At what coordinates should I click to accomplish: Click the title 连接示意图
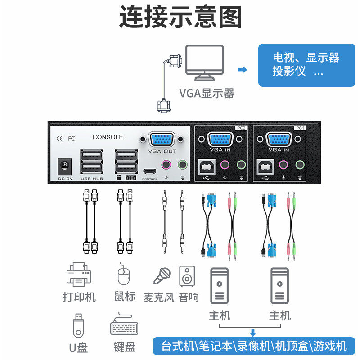tap(180, 18)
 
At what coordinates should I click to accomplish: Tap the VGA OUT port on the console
tap(162, 139)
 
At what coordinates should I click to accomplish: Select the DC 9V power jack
tap(65, 166)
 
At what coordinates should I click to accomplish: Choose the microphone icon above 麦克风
tap(162, 276)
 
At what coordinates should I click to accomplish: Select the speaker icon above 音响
tap(187, 276)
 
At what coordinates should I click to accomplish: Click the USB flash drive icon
tap(78, 326)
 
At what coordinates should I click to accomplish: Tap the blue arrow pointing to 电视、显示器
tap(243, 69)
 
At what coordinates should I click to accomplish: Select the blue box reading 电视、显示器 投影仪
tap(306, 65)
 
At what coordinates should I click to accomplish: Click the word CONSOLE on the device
tap(108, 137)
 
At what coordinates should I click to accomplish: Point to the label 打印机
tap(79, 297)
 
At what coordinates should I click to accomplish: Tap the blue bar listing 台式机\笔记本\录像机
tap(254, 346)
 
